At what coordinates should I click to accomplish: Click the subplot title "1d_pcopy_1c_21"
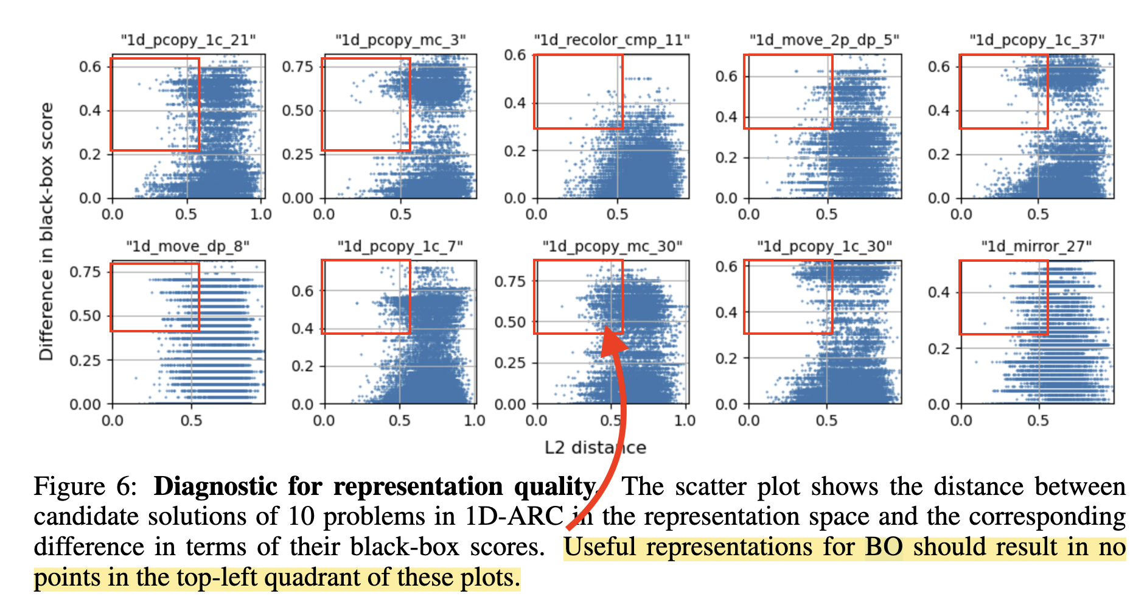point(187,40)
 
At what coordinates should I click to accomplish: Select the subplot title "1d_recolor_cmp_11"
point(612,40)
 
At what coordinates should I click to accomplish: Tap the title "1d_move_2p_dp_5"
point(824,40)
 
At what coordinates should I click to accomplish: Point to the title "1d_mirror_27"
point(1036,247)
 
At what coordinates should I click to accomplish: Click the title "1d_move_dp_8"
point(187,247)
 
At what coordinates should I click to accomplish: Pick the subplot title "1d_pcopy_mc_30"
point(612,247)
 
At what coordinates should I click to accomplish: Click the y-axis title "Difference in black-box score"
point(46,231)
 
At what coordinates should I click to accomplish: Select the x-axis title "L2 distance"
point(595,447)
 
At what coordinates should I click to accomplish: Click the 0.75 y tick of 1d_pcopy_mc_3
point(298,66)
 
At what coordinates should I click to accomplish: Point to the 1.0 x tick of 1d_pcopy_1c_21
point(261,214)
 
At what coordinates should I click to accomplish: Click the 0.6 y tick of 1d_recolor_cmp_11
point(515,55)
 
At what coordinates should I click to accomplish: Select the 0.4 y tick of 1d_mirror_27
point(938,293)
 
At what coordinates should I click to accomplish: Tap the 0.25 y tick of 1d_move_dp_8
point(85,360)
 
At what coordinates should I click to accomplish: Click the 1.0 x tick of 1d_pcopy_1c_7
point(474,421)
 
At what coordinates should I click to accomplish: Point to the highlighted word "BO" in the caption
point(884,547)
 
